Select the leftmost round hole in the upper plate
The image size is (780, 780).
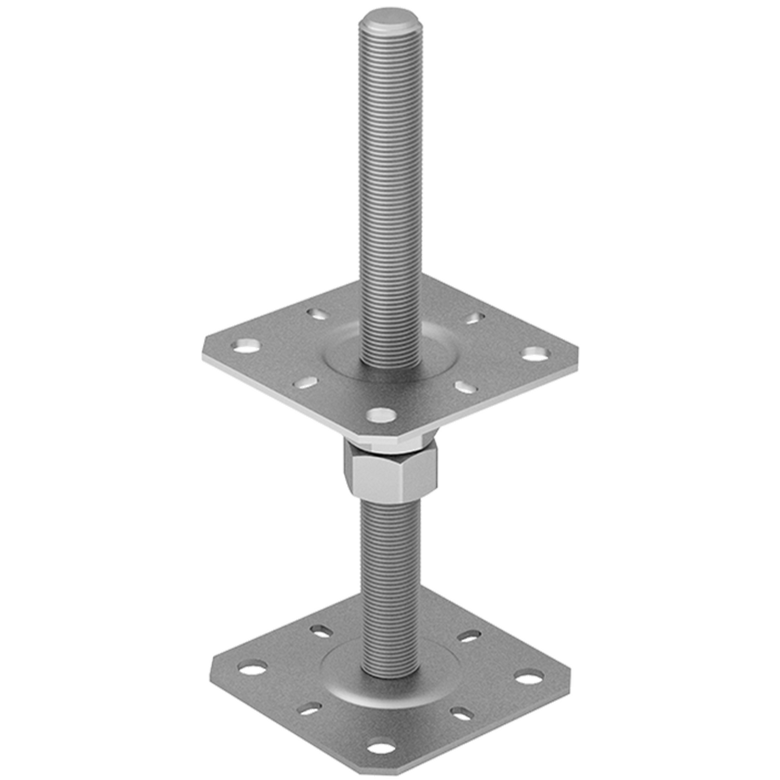246,345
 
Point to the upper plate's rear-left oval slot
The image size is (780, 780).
317,313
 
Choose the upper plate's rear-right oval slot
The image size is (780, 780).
474,318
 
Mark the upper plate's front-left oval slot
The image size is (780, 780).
306,383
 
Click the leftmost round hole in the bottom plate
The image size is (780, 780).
253,669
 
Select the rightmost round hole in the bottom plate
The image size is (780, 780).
529,676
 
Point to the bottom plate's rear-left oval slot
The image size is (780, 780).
321,630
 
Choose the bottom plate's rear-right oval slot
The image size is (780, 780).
469,636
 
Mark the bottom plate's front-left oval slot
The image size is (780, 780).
310,709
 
